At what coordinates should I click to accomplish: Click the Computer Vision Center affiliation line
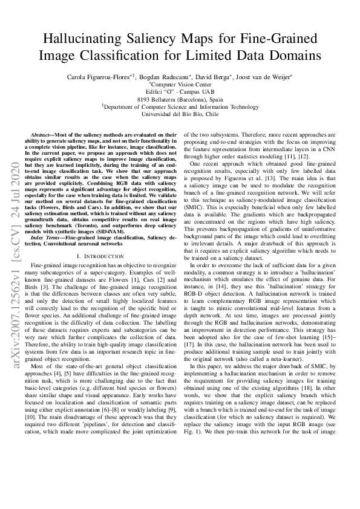click(180, 85)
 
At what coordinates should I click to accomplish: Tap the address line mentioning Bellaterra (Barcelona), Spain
click(180, 99)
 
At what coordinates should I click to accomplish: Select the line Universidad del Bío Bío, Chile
click(180, 114)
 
